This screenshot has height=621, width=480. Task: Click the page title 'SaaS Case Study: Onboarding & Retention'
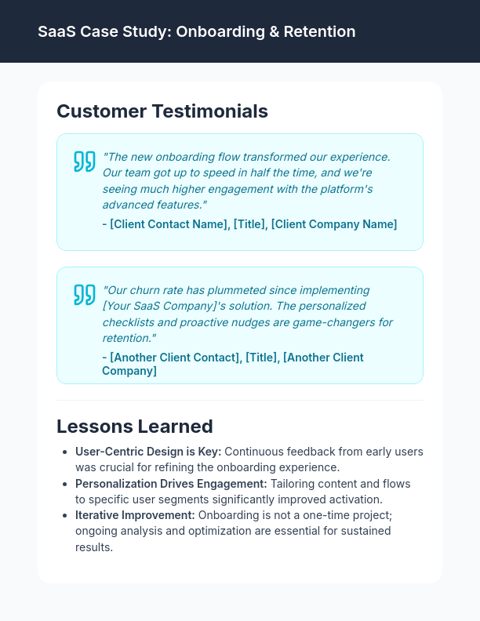tap(196, 31)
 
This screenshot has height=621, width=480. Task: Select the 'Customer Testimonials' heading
tap(162, 111)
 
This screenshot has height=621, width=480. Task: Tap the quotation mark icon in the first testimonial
tap(84, 161)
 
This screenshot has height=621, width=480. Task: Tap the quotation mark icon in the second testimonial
tap(84, 294)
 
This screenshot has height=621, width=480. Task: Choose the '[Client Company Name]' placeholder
tap(334, 224)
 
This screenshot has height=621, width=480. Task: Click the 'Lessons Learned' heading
tap(135, 426)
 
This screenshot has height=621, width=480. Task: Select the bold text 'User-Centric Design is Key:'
tap(148, 452)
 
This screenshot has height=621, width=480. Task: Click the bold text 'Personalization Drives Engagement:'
tap(171, 484)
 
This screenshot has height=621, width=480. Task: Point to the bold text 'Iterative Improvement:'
tap(135, 515)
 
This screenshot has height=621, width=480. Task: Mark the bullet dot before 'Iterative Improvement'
tap(64, 516)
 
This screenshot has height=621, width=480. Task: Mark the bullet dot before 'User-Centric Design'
tap(64, 452)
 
